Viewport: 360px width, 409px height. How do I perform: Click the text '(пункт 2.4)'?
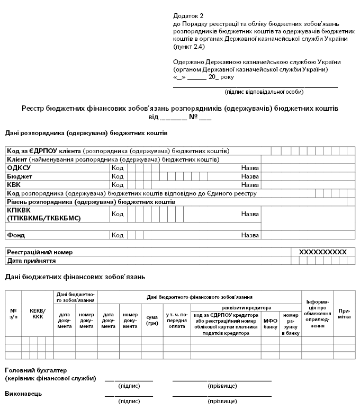[189, 47]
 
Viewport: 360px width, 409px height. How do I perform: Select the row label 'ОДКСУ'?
[19, 168]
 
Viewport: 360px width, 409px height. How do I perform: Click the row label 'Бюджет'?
[20, 176]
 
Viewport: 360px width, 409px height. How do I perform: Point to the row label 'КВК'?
[14, 185]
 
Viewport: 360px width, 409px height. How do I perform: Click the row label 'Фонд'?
[16, 235]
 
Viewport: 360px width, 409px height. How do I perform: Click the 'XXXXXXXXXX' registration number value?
[322, 252]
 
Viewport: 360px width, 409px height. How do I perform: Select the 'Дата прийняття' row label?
[31, 261]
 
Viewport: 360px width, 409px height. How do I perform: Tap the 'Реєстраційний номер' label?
[40, 252]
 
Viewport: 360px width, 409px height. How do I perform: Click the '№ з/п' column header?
[13, 313]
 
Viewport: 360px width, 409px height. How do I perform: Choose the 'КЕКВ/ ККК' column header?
[38, 313]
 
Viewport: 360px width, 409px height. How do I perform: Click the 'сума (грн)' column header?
[151, 321]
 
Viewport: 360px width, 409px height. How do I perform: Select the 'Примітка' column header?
[344, 313]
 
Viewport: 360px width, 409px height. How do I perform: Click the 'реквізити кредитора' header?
[246, 308]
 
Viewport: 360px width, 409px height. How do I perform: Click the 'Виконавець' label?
[23, 394]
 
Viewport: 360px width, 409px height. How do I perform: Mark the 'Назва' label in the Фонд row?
[250, 235]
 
